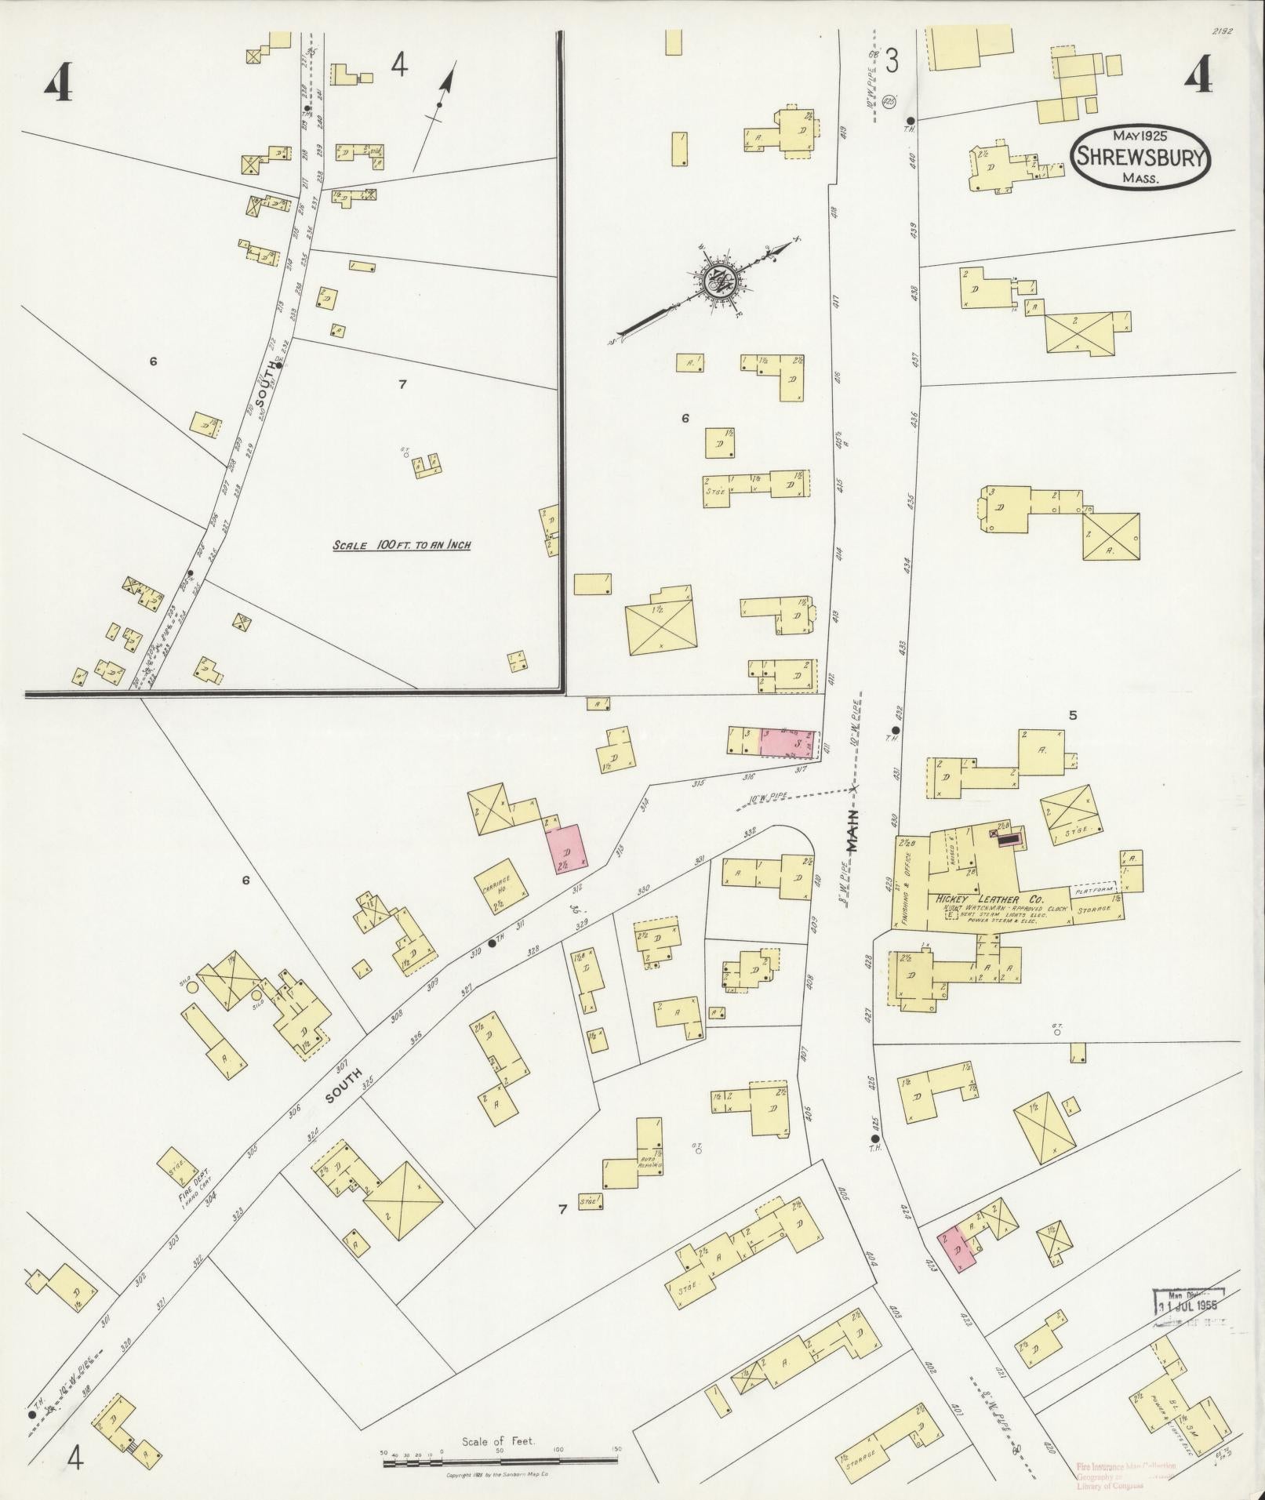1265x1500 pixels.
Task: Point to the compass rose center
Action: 717,281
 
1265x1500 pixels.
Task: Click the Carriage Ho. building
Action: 500,888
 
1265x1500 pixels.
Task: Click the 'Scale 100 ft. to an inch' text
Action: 401,545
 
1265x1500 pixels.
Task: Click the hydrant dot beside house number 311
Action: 492,943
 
